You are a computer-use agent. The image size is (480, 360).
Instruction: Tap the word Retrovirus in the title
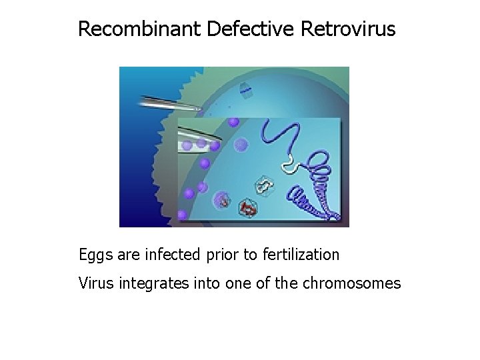tap(349, 29)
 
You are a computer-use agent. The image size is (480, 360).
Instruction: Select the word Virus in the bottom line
tap(95, 283)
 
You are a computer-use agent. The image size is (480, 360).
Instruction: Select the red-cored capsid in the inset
tap(247, 209)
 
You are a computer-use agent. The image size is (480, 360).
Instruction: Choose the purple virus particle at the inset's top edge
tap(233, 122)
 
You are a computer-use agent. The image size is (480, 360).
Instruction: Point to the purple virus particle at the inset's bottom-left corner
tap(182, 215)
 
